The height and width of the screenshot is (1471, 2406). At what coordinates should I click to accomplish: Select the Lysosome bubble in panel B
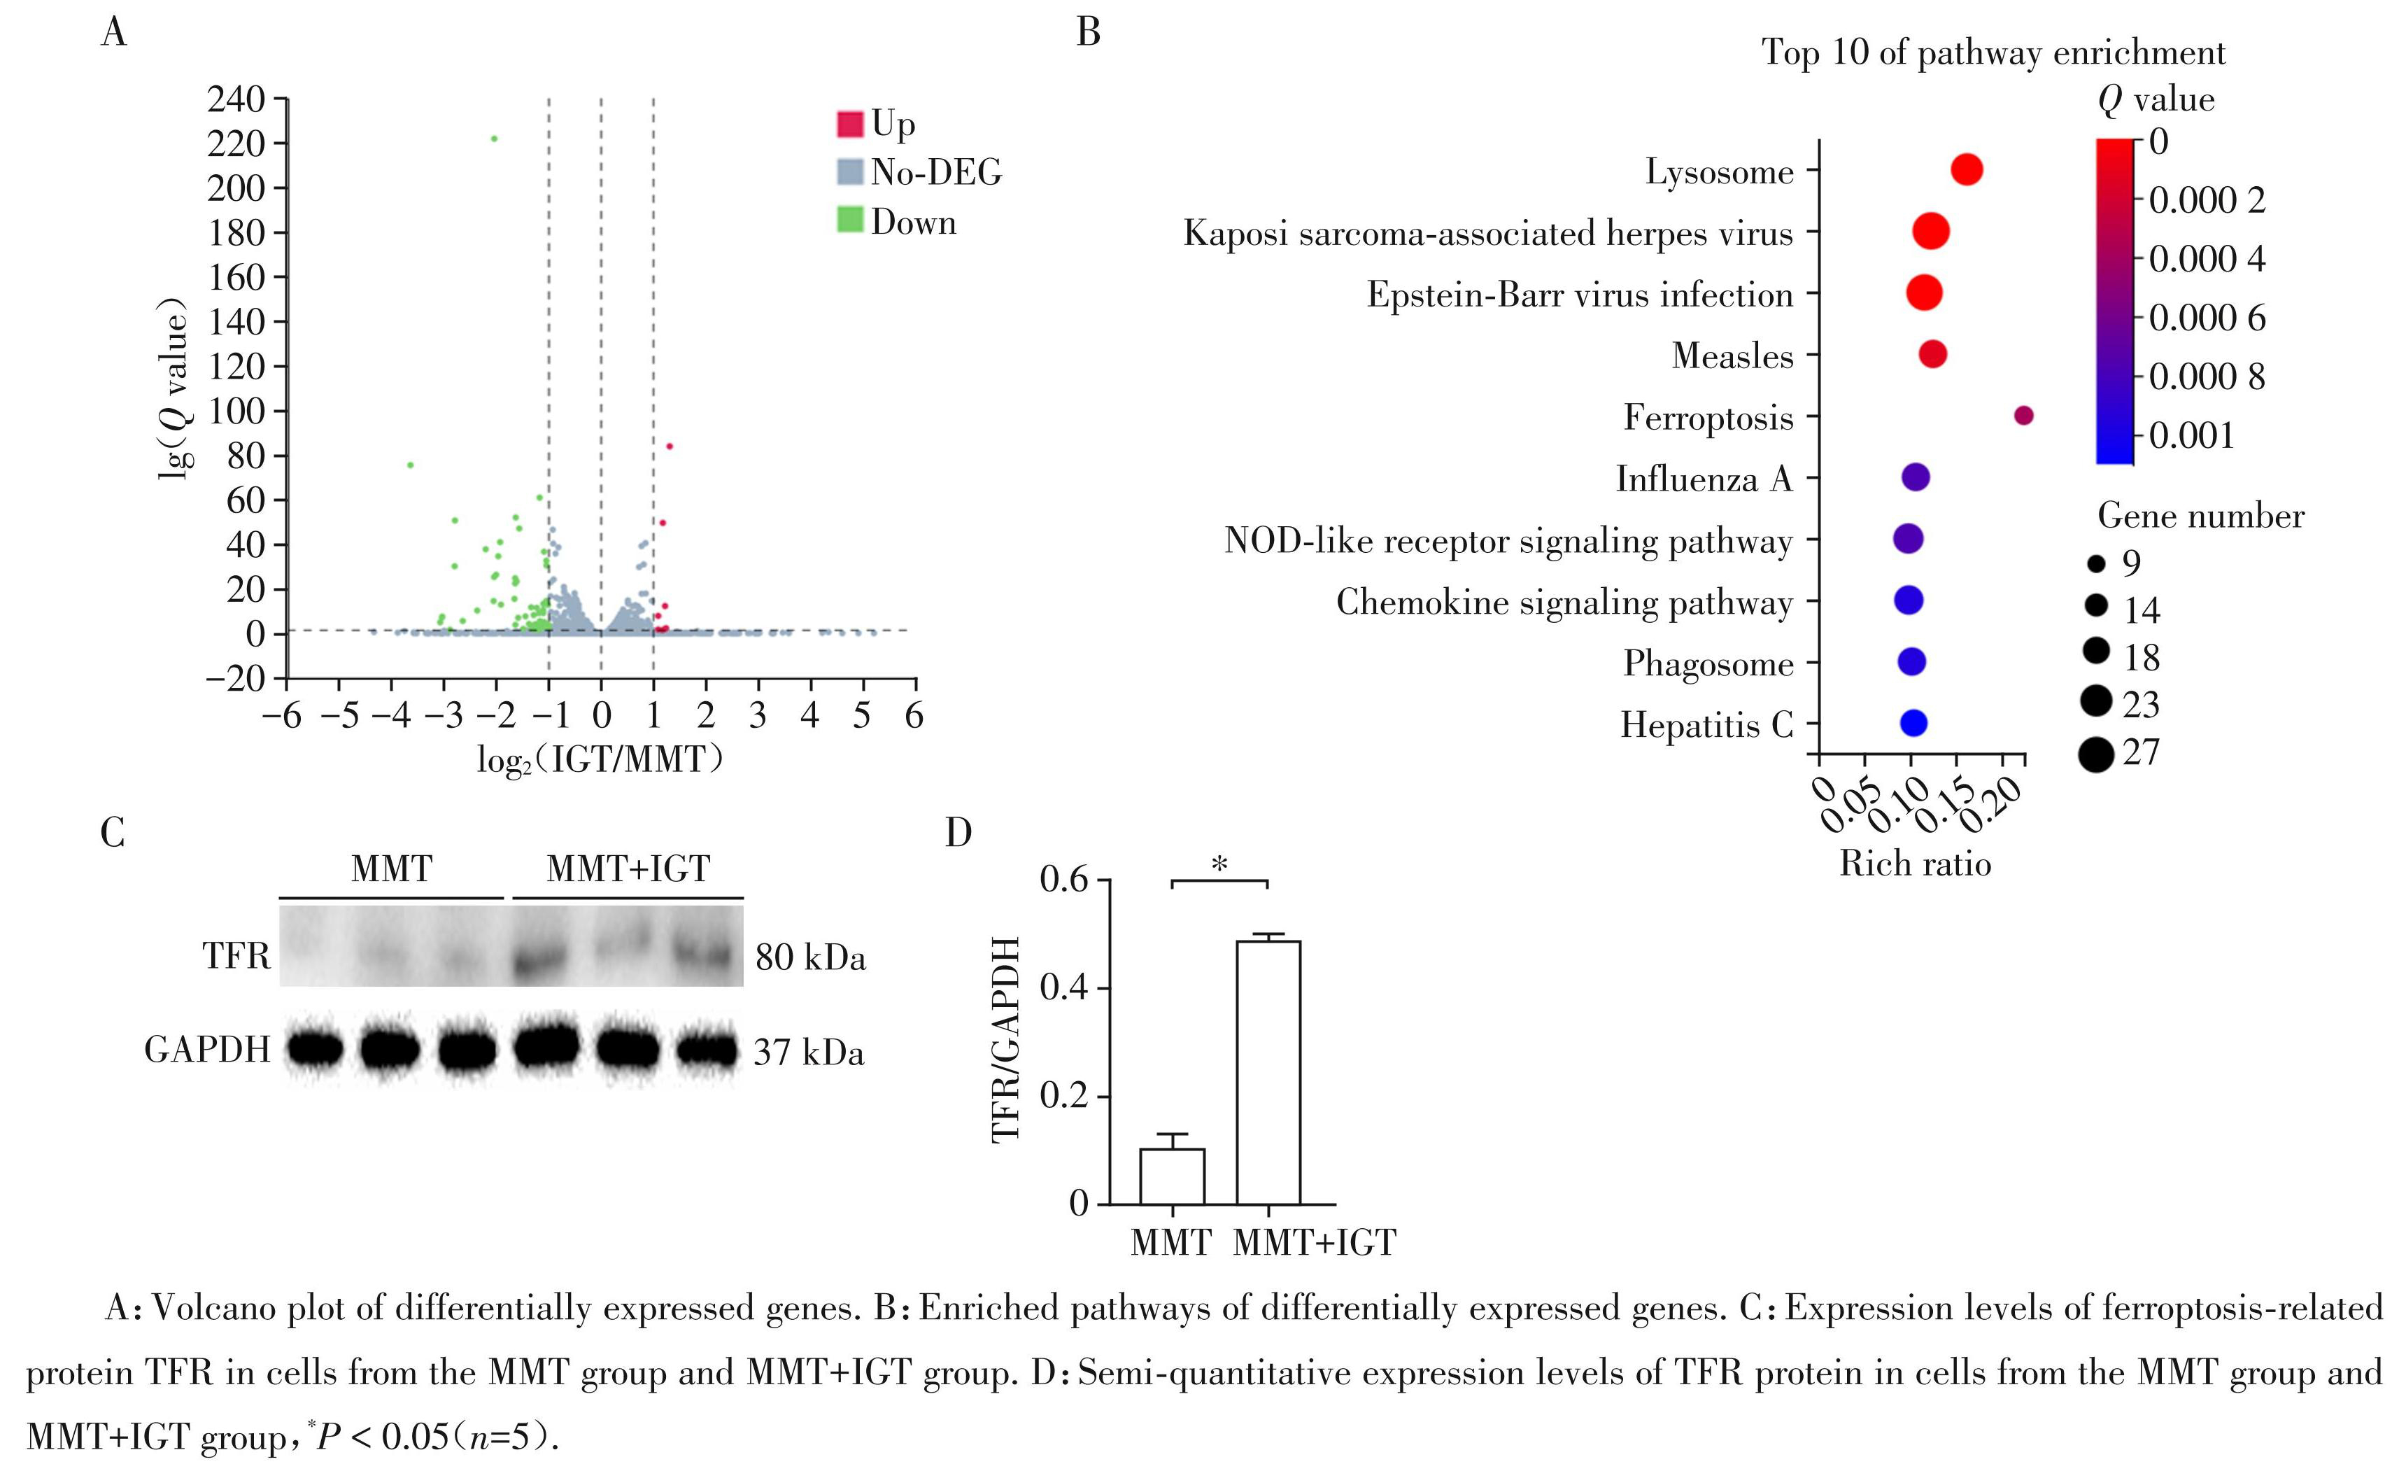coord(1967,170)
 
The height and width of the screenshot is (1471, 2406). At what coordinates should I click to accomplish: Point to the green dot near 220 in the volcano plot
coord(494,139)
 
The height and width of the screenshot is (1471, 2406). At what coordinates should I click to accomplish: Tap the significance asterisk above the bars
coord(1219,864)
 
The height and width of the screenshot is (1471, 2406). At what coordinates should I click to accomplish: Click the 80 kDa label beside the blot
coord(810,958)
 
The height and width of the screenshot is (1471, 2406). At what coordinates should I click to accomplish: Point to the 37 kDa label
coord(809,1053)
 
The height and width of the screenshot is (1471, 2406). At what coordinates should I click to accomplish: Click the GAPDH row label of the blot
coord(207,1050)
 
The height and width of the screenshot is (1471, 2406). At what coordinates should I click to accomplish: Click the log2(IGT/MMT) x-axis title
coord(600,759)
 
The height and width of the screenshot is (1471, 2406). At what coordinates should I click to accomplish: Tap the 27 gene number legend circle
coord(2095,754)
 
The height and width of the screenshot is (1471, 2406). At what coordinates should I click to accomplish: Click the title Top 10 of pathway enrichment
coord(1993,52)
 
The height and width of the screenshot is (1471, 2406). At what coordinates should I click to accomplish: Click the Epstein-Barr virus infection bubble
coord(1924,293)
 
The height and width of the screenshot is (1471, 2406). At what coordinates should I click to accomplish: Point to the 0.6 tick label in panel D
coord(1063,880)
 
